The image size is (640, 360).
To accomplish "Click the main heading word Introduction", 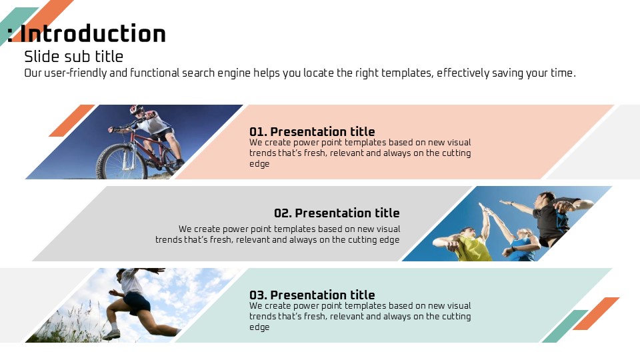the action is pos(93,33).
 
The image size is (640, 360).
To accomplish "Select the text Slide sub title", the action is pos(73,56).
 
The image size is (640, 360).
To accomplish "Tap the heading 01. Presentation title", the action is pos(312,131).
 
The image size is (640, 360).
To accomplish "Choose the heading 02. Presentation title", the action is pos(337,213).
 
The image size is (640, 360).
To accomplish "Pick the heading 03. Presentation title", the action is pos(312,295).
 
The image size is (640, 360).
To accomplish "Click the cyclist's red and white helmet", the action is pos(136,109).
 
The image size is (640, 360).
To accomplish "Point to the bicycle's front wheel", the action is pos(121,161).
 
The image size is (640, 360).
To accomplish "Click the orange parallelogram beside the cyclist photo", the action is pos(72,121).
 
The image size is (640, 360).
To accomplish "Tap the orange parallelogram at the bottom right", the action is pos(596,313).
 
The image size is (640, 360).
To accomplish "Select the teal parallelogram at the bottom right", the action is pos(565,326).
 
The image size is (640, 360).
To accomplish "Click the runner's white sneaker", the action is pos(111,334).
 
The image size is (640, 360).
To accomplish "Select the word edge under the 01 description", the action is pos(259,164).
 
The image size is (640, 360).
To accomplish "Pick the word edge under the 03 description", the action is pos(259,327).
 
